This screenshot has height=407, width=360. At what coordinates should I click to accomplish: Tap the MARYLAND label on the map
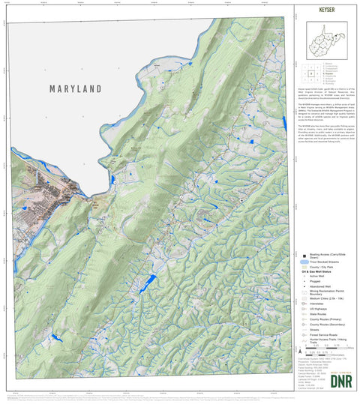click(x=75, y=88)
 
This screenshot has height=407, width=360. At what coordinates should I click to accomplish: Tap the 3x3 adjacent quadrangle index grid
click(x=310, y=73)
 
